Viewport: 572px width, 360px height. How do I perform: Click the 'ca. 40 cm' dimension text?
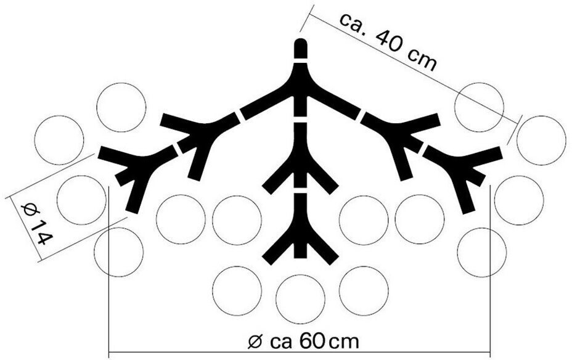point(388,40)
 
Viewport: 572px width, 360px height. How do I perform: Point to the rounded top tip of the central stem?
point(300,46)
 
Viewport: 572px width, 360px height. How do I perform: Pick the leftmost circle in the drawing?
point(59,141)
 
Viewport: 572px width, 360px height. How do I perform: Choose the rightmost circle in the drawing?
point(541,140)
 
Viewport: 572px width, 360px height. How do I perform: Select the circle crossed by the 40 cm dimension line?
point(479,107)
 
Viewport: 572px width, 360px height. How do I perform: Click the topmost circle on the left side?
point(121,107)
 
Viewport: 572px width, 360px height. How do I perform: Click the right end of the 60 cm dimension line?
point(491,354)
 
